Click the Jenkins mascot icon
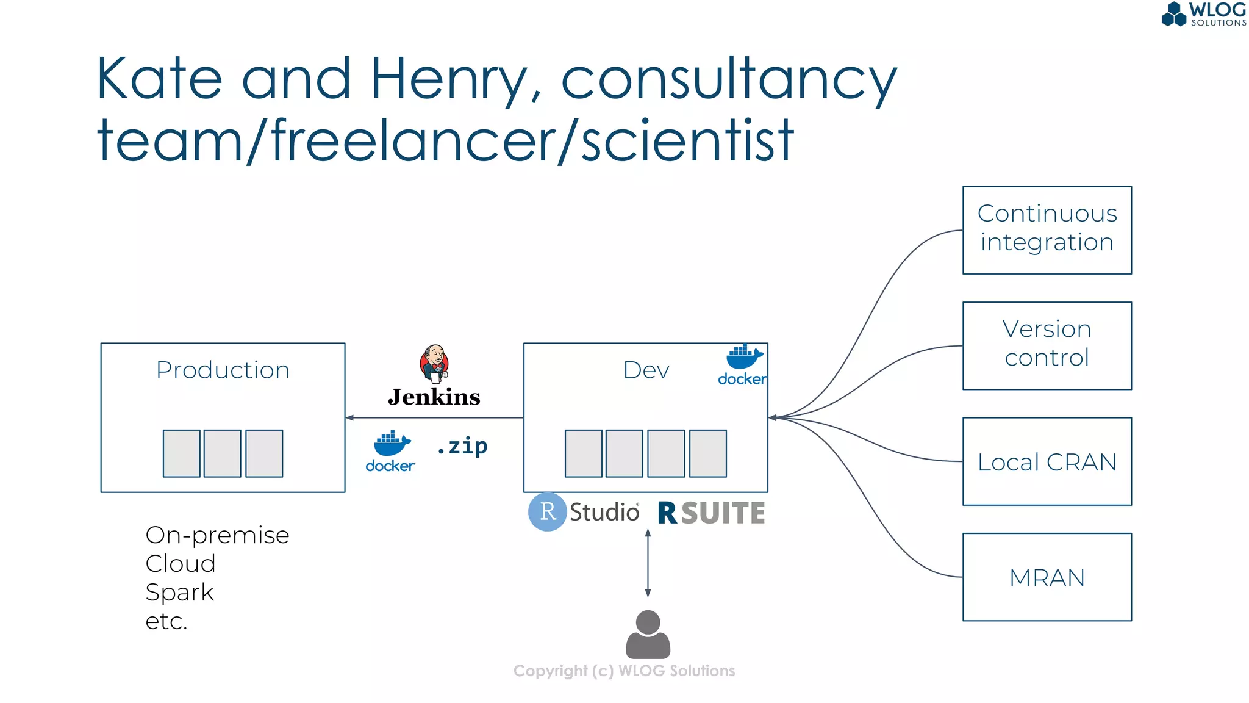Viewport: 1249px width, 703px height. point(434,364)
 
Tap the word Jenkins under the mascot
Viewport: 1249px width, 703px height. point(434,397)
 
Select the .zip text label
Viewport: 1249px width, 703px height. point(462,446)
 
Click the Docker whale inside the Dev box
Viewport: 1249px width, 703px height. point(743,358)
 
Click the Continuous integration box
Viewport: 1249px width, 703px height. point(1047,230)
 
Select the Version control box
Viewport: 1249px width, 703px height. point(1047,345)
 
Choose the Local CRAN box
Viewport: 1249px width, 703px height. point(1047,461)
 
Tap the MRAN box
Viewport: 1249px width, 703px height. point(1047,577)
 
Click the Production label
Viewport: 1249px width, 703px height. point(223,370)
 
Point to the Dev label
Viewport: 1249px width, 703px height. point(646,370)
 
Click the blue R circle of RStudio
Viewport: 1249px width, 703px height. point(548,511)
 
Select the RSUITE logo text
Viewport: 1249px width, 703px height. point(711,513)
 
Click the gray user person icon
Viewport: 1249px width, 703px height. point(648,635)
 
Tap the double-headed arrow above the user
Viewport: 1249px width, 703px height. point(648,563)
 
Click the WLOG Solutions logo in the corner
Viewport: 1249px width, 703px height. point(1203,15)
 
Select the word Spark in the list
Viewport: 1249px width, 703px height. point(180,593)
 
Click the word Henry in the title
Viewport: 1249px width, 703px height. point(449,79)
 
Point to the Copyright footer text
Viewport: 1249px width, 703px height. point(624,671)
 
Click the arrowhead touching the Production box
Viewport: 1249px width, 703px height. point(349,417)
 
